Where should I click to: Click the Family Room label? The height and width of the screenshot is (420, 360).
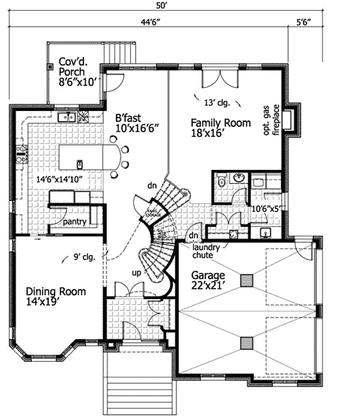(x=220, y=128)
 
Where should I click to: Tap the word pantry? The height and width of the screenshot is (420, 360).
(x=74, y=222)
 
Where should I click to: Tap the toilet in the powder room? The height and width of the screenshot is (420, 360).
(x=222, y=182)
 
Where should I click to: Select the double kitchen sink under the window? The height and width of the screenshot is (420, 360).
(x=68, y=117)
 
